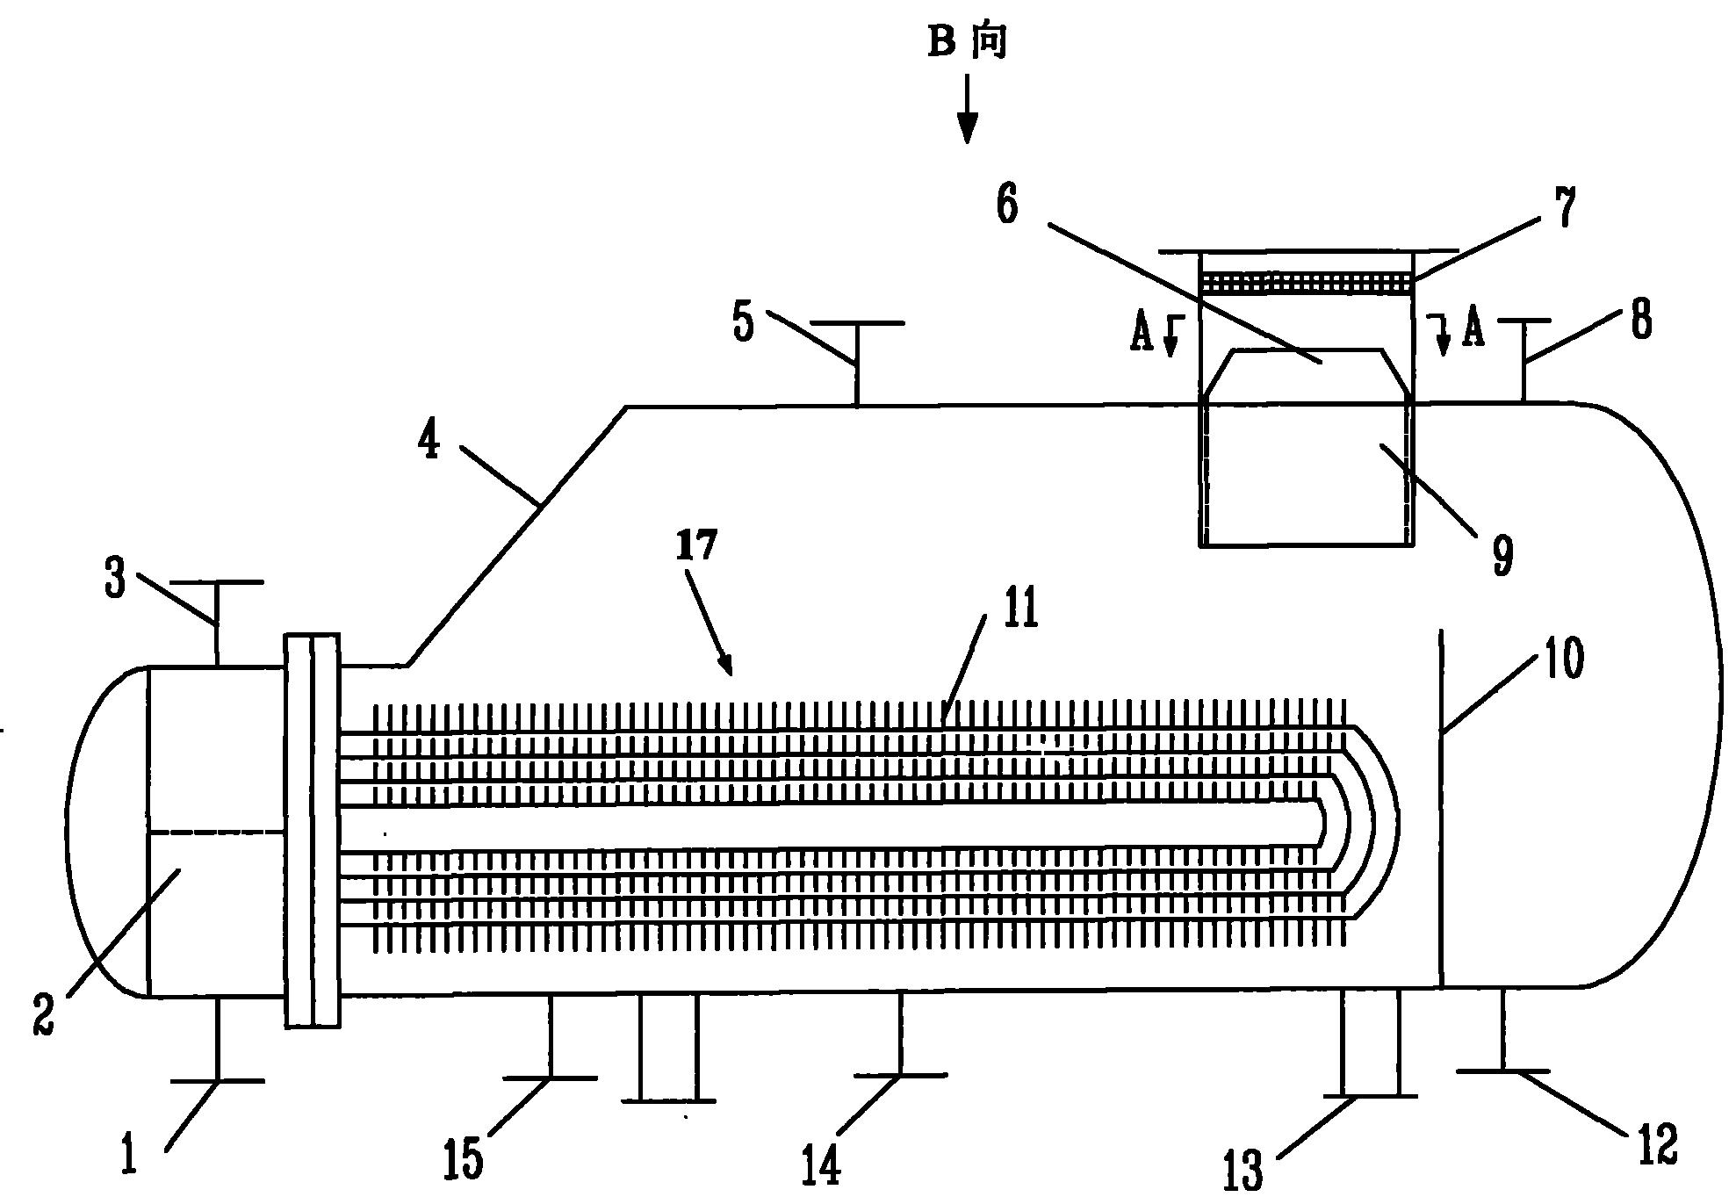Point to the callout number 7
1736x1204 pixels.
pos(1565,207)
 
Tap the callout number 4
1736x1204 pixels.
pos(429,441)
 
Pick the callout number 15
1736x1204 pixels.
pos(463,1159)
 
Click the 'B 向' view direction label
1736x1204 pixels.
pos(967,41)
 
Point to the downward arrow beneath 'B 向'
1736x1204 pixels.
pos(967,108)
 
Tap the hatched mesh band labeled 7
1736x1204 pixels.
pos(1307,282)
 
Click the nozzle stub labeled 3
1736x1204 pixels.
pos(215,623)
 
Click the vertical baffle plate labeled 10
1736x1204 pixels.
pos(1441,808)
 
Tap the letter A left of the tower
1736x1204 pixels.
pos(1141,334)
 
